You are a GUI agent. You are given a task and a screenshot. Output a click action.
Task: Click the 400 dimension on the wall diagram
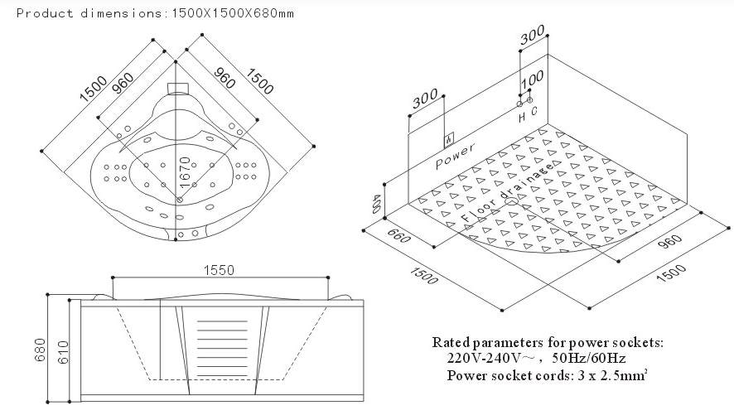(377, 204)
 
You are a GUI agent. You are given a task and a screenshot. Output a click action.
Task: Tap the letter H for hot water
(522, 117)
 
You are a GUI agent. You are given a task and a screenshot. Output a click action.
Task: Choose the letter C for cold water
(535, 110)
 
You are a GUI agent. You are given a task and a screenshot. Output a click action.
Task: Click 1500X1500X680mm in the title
(231, 13)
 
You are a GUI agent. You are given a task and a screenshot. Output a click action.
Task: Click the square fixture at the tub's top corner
(176, 88)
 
